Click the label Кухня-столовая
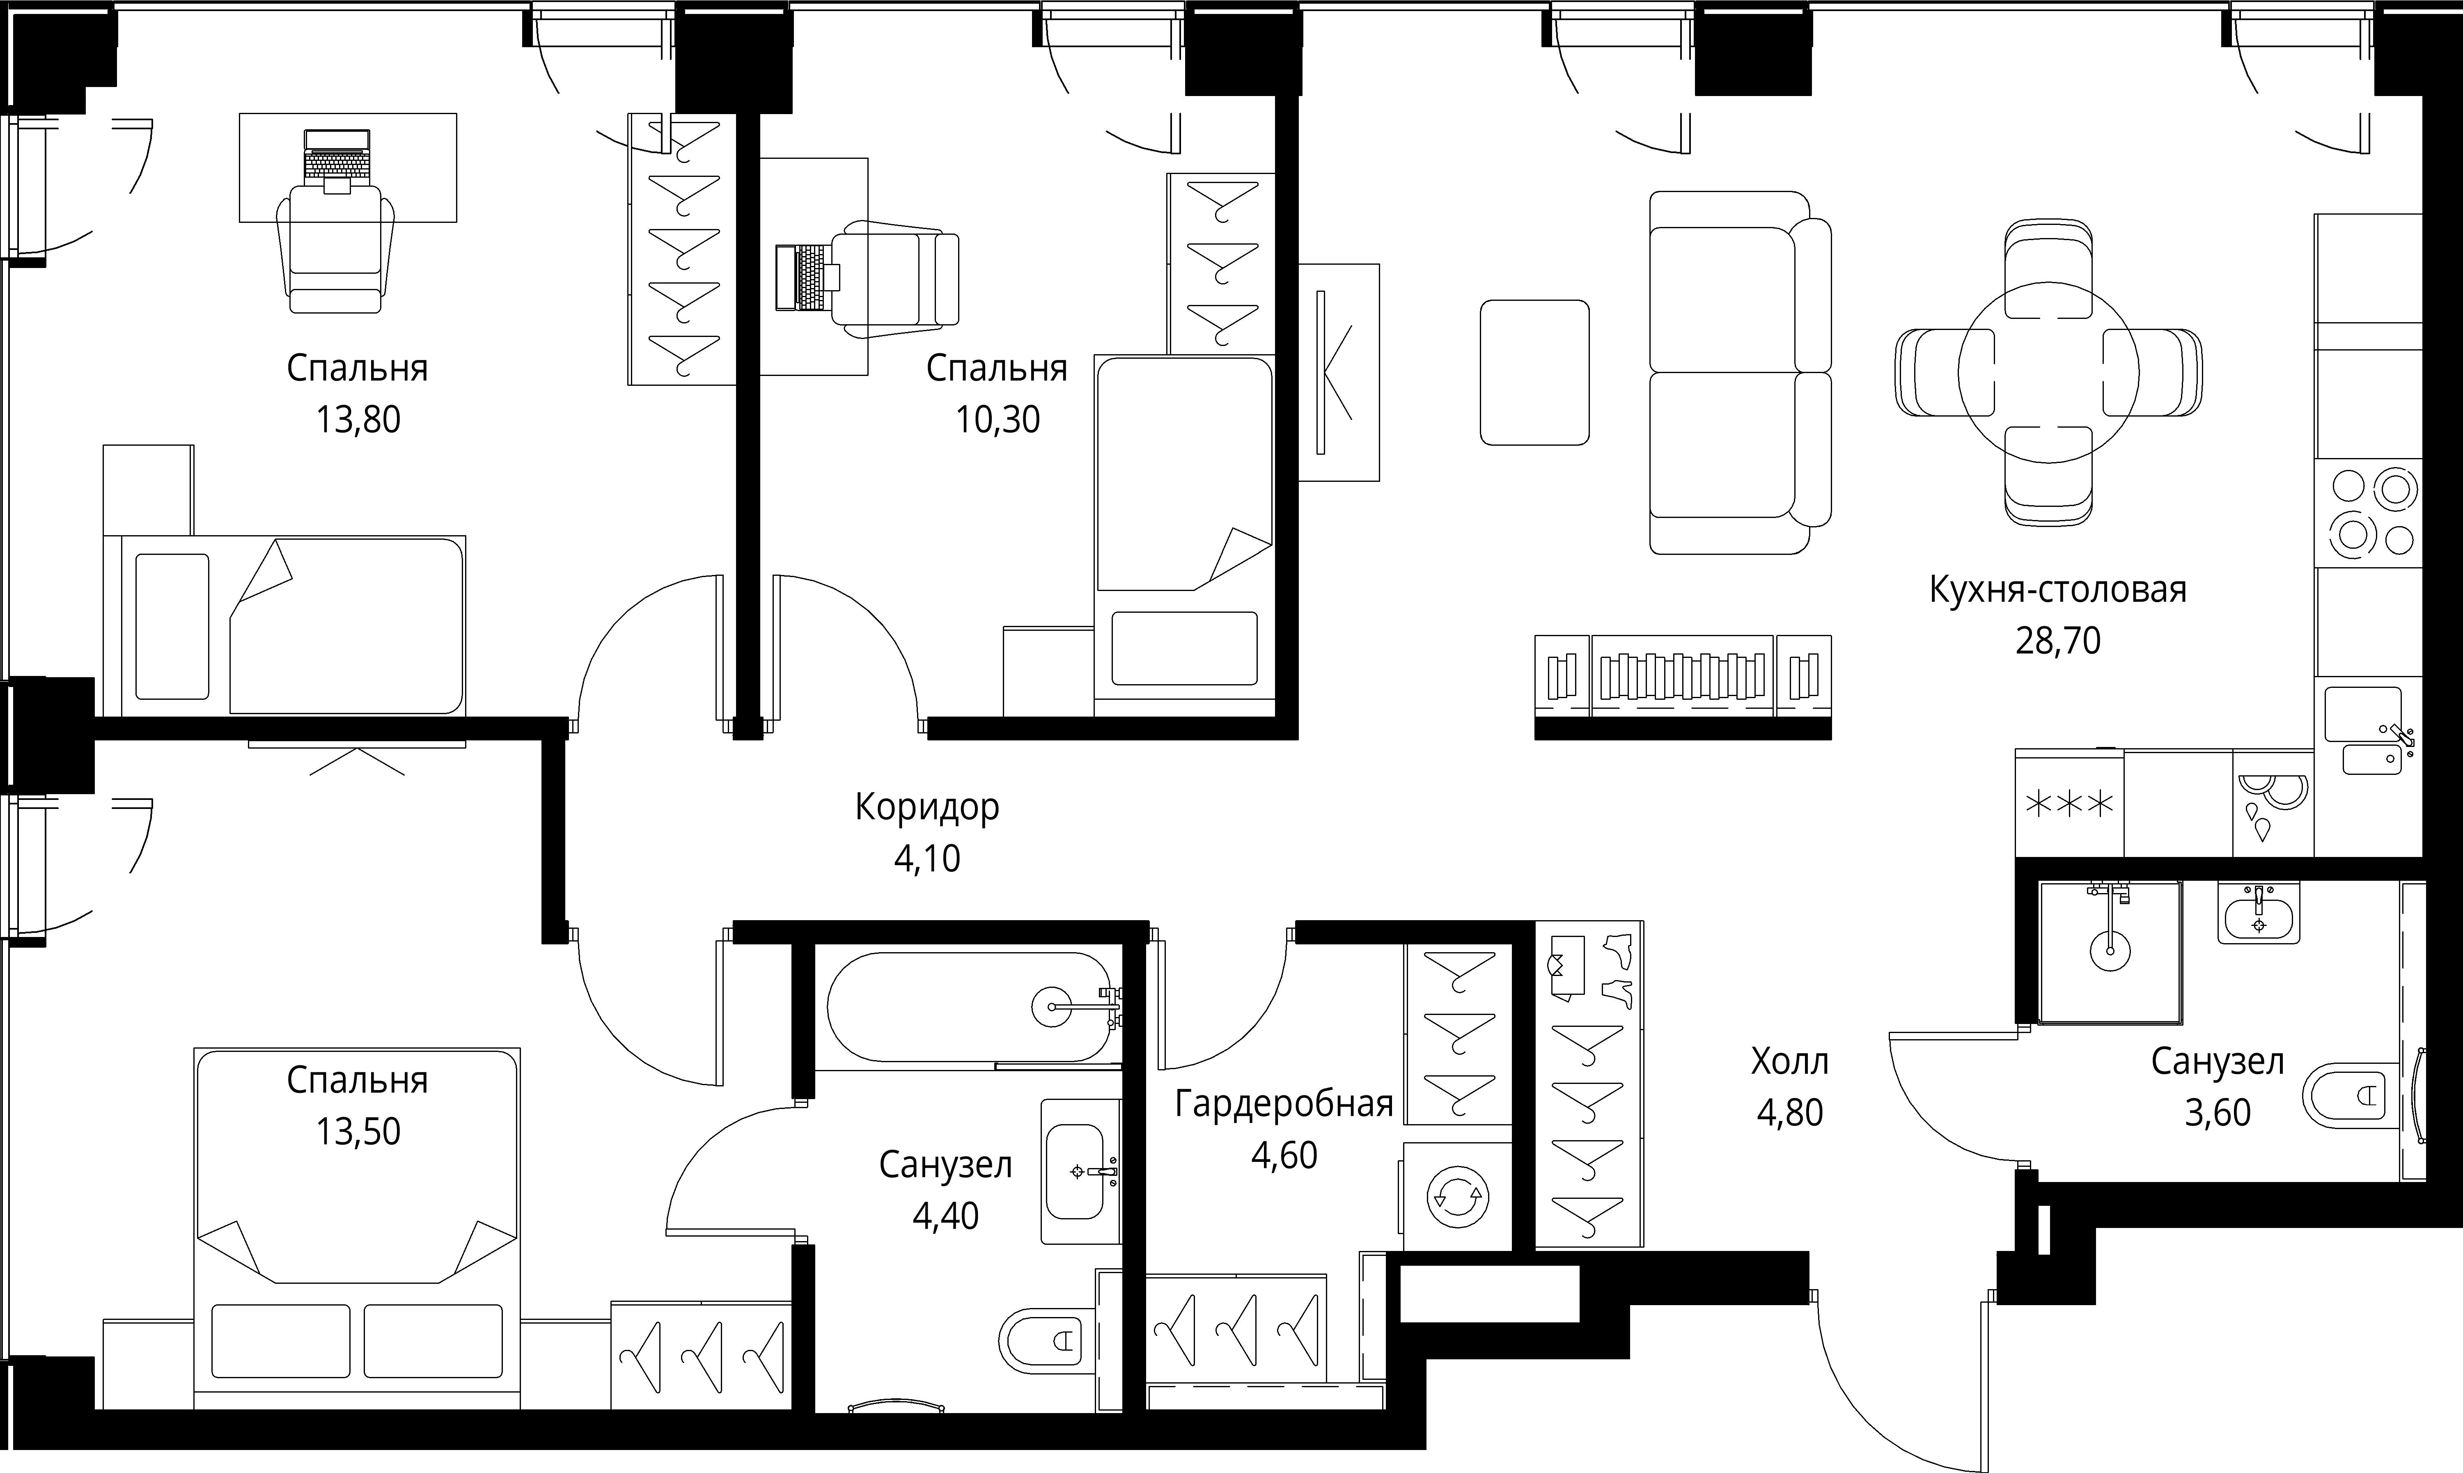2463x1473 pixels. click(2058, 590)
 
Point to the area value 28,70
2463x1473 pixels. click(2058, 641)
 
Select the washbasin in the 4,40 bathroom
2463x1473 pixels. click(1080, 1171)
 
